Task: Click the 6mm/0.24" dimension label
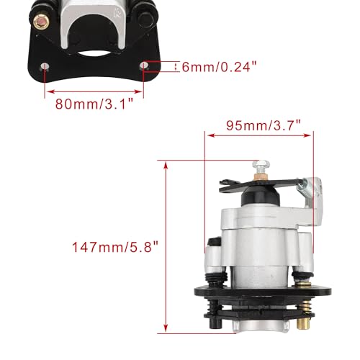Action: point(219,67)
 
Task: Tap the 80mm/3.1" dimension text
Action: point(94,104)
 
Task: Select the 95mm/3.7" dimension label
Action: point(264,125)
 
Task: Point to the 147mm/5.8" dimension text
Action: point(115,246)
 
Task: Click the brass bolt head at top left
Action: point(41,22)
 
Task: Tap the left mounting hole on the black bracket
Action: point(45,66)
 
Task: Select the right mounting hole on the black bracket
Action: point(144,66)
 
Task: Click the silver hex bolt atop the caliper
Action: point(261,166)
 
